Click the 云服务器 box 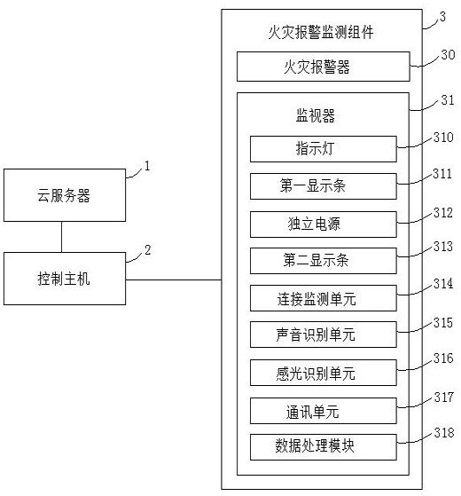pos(65,195)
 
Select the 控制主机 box pos(65,279)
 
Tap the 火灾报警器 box pos(324,67)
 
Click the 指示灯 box pos(324,149)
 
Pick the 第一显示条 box pos(324,186)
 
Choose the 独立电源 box pos(324,224)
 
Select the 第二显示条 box pos(324,261)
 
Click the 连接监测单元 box pos(324,298)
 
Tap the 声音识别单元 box pos(324,335)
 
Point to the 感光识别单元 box pos(324,373)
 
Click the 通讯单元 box pos(324,411)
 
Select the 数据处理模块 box pos(324,447)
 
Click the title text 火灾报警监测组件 pos(321,33)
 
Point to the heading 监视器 pos(316,115)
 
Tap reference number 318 pos(444,432)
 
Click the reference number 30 pos(448,54)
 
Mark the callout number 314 pos(443,283)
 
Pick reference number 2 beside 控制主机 pos(147,250)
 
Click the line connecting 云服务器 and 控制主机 pos(61,237)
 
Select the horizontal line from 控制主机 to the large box pos(174,279)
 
